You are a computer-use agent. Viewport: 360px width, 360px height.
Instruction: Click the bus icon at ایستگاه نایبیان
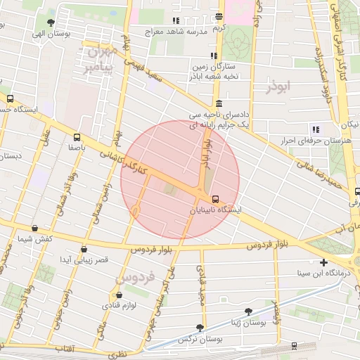(x=215, y=199)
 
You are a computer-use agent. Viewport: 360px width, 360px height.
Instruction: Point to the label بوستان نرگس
(x=197, y=339)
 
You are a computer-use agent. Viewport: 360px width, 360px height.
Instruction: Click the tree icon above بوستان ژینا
(x=247, y=311)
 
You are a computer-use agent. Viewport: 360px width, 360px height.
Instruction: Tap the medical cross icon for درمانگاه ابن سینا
(x=323, y=262)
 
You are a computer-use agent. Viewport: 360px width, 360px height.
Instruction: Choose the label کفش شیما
(x=35, y=239)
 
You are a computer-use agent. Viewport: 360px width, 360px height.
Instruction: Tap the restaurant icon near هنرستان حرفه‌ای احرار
(x=315, y=129)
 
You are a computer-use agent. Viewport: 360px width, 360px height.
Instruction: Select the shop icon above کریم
(x=219, y=16)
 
